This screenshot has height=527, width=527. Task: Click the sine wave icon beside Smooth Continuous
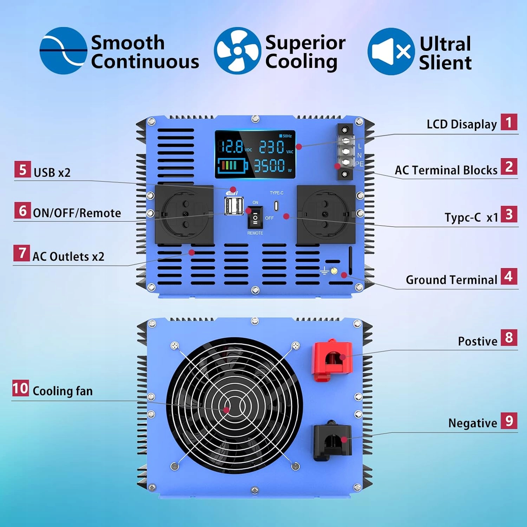(x=63, y=51)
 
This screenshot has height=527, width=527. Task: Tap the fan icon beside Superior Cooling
(x=238, y=51)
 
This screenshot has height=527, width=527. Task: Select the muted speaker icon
(x=391, y=51)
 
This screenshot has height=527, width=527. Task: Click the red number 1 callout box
(x=509, y=122)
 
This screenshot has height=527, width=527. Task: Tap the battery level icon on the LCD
(x=232, y=165)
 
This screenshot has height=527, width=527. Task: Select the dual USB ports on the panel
(x=234, y=206)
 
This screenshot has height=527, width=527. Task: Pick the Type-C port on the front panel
(x=276, y=206)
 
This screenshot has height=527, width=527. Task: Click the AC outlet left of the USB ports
(x=184, y=214)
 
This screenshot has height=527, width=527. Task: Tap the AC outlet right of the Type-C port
(x=326, y=214)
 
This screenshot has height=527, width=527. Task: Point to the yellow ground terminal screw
(x=333, y=271)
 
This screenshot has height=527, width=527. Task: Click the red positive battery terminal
(x=332, y=360)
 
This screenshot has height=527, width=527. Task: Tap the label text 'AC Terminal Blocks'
(x=446, y=170)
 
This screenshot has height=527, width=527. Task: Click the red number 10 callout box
(x=20, y=388)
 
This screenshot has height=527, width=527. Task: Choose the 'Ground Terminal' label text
(x=451, y=280)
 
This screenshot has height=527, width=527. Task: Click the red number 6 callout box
(x=22, y=210)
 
